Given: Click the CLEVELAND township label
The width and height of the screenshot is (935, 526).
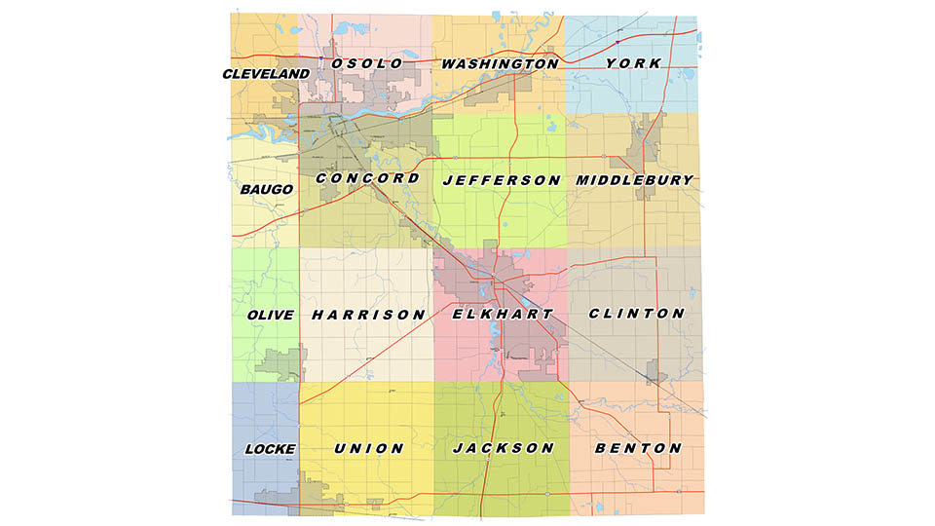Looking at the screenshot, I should click(x=266, y=74).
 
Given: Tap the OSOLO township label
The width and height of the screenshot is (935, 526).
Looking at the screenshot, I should click(x=367, y=63).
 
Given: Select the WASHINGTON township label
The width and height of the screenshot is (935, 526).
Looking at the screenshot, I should click(x=500, y=64).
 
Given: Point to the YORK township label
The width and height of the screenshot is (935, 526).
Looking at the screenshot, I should click(x=633, y=63).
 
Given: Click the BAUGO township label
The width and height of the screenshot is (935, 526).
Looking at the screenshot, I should click(x=266, y=189).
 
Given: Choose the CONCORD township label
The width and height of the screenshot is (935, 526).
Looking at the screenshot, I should click(x=368, y=179).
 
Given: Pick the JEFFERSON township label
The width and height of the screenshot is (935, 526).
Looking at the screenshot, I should click(x=502, y=181).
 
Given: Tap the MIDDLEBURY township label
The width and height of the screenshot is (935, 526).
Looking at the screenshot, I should click(x=634, y=180).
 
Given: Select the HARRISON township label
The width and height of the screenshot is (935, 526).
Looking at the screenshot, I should click(x=368, y=316).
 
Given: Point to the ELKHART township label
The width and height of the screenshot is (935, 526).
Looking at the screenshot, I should click(x=503, y=315).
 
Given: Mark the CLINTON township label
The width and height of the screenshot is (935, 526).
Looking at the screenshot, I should click(x=637, y=314).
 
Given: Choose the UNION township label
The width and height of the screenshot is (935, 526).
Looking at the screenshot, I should click(x=368, y=449).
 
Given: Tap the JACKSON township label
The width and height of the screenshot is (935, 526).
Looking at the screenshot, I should click(x=503, y=448).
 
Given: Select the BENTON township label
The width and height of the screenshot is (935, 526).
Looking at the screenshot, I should click(x=637, y=448).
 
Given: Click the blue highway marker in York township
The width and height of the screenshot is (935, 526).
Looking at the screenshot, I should click(x=618, y=42).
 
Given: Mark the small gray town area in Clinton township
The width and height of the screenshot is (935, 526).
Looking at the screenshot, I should click(x=654, y=369).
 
